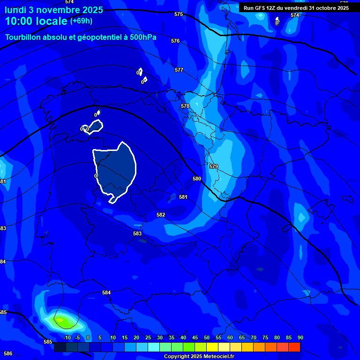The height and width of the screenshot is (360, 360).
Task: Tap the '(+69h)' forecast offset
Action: (81, 21)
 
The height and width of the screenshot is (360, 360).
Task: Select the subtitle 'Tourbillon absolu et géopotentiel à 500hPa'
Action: (81, 37)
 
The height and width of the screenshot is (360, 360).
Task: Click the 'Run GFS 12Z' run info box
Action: (296, 7)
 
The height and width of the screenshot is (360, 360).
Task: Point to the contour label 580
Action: (197, 179)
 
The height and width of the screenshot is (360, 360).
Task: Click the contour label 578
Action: (185, 106)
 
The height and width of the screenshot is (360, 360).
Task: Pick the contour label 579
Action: (214, 166)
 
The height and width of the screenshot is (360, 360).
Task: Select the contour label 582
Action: (161, 215)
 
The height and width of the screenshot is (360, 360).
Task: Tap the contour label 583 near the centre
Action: (137, 233)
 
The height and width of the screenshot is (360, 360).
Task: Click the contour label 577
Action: (179, 70)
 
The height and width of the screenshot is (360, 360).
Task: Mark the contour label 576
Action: (175, 41)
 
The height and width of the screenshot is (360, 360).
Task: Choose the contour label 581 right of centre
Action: (183, 197)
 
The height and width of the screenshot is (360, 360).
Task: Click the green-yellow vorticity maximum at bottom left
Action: (61, 321)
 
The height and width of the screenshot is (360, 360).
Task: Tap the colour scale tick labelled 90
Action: (300, 337)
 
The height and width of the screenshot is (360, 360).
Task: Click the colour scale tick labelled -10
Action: (67, 337)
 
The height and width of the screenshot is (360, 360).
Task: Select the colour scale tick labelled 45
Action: (195, 337)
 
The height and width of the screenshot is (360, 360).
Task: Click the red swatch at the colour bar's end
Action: (294, 347)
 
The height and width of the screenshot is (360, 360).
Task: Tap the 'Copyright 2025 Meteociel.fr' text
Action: (199, 356)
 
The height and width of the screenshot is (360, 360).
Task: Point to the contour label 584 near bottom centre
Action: (106, 292)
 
